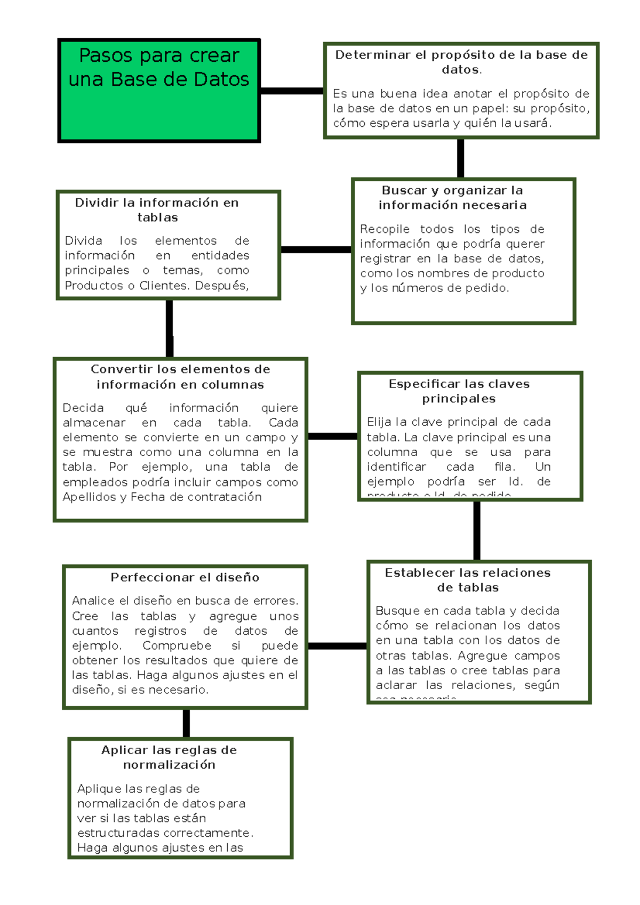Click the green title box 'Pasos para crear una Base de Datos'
pos(159,91)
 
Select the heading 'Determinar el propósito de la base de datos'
pos(461,62)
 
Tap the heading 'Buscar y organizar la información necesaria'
pos(452,198)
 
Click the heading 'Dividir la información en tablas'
pos(157,210)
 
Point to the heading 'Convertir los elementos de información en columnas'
pos(180,377)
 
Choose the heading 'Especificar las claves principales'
pos(459,391)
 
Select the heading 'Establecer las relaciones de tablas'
pos(468,580)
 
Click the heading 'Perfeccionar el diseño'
pos(185,577)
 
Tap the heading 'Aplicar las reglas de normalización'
pos(169,757)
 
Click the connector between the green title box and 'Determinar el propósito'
pos(292,91)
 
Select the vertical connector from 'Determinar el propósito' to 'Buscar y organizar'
pos(460,158)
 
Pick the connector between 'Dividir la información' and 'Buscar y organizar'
pos(316,249)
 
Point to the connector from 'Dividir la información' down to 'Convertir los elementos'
pos(170,328)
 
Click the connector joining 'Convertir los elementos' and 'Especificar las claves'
pos(333,437)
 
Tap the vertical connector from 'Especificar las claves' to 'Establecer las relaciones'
pos(477,531)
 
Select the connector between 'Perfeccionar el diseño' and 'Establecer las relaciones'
pos(338,646)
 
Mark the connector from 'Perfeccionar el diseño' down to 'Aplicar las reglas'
pos(186,723)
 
